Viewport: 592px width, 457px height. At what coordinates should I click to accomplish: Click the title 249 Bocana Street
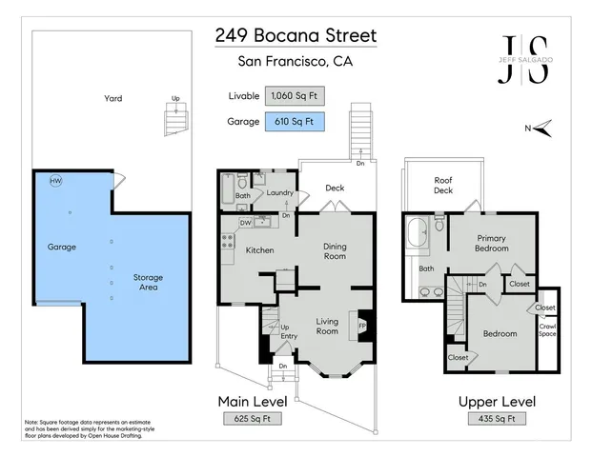296,36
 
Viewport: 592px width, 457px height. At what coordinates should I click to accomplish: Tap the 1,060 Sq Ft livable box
295,95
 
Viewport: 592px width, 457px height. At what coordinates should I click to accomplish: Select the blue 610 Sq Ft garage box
295,121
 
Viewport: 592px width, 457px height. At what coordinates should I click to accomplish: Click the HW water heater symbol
55,181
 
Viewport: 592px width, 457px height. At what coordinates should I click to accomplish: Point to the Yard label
113,98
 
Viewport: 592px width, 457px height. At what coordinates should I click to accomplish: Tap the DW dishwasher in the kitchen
246,223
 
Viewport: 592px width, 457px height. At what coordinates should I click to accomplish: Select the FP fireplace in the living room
362,324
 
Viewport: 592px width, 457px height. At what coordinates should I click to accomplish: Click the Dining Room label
334,249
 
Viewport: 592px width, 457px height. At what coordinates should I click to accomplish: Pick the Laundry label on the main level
279,192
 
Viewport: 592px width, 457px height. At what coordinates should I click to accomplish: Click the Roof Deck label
443,185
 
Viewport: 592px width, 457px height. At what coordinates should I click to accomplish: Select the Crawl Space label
547,330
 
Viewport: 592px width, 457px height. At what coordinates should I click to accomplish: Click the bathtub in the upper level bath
417,235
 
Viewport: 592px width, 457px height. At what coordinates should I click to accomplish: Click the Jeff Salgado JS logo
525,60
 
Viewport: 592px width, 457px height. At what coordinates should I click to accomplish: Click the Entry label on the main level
289,335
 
